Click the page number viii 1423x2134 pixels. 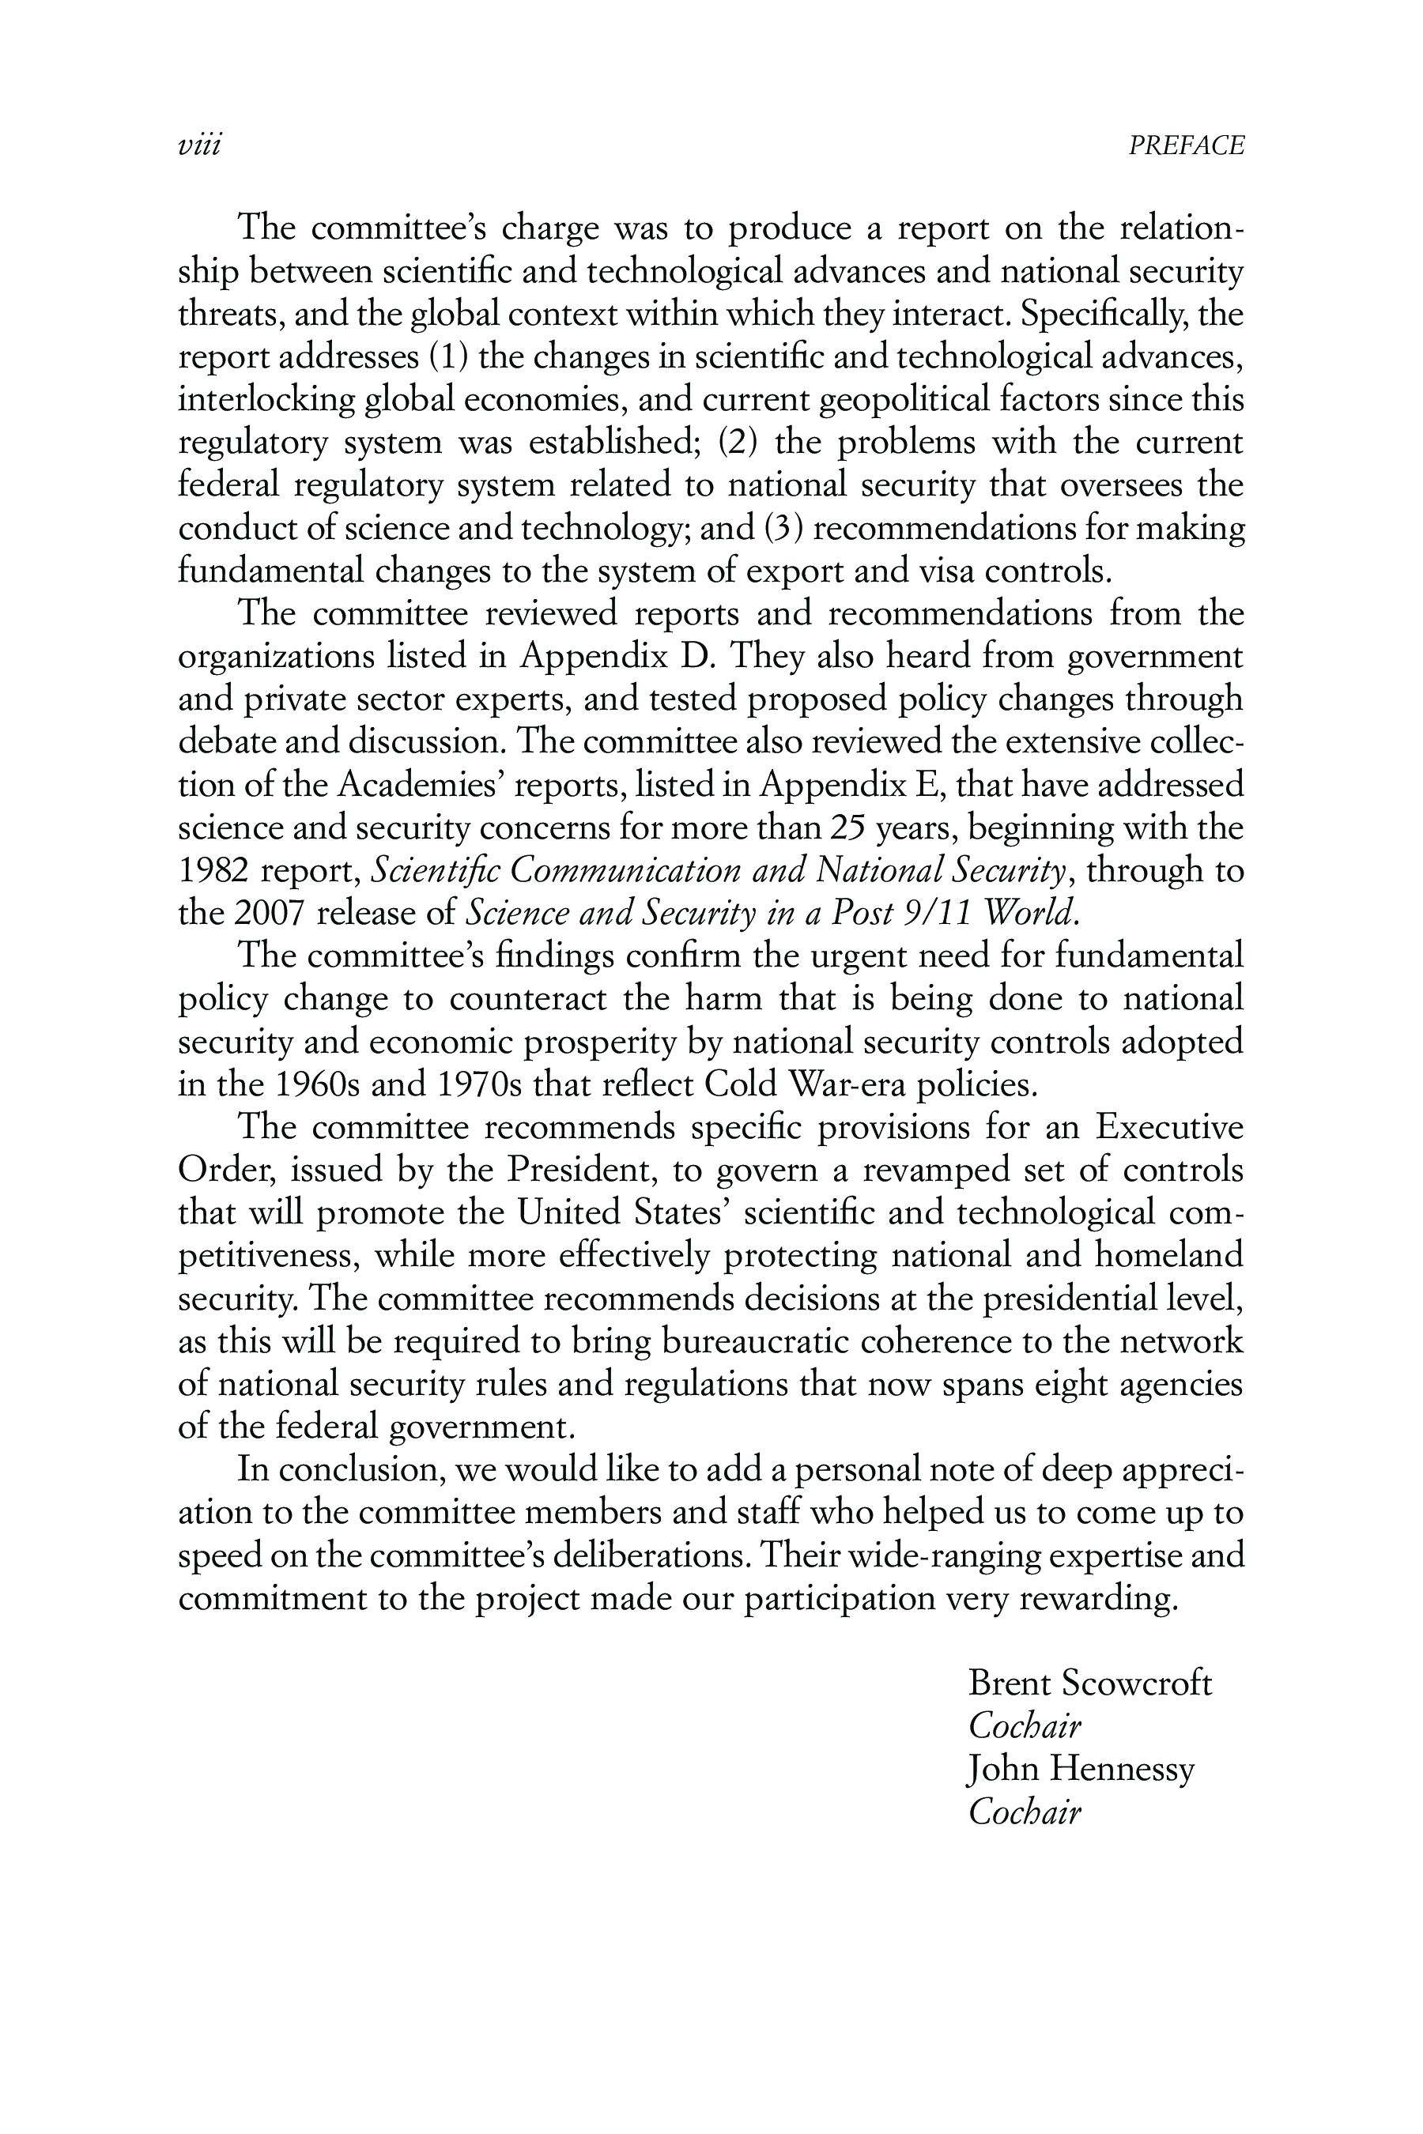point(200,146)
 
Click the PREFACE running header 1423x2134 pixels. point(1186,146)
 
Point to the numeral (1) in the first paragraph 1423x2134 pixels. point(449,356)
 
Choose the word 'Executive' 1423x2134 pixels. point(1169,1127)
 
